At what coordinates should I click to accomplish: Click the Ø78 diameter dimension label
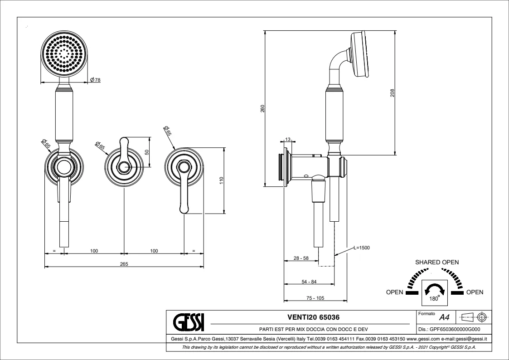click(x=95, y=80)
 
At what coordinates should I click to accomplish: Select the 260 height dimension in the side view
click(x=262, y=108)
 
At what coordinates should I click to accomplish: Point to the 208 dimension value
click(x=393, y=92)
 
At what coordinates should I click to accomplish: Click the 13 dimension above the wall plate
click(x=287, y=140)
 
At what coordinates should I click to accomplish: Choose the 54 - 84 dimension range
click(x=309, y=282)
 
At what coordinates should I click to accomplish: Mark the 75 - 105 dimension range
click(x=315, y=298)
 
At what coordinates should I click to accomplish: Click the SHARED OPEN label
click(x=437, y=263)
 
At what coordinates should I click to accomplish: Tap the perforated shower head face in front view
click(x=64, y=54)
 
